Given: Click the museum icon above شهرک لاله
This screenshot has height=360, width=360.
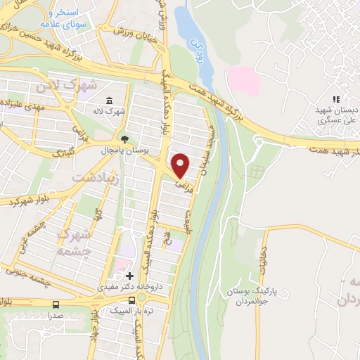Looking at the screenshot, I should coord(110,101).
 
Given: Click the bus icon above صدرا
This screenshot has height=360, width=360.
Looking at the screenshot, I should coord(56,304).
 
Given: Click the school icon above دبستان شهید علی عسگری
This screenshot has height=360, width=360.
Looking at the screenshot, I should coord(336,100).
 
